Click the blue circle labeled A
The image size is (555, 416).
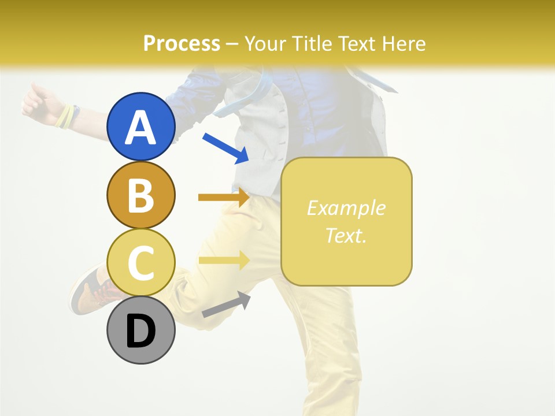(140, 127)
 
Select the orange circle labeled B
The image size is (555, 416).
(140, 195)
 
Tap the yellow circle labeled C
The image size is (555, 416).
(140, 263)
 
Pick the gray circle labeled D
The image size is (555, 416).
(140, 330)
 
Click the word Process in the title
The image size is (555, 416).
(182, 44)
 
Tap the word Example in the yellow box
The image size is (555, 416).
(346, 208)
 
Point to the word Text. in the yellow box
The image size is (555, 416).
(346, 235)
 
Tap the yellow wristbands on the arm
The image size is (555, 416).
(66, 116)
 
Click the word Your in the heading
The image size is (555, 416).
(266, 44)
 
